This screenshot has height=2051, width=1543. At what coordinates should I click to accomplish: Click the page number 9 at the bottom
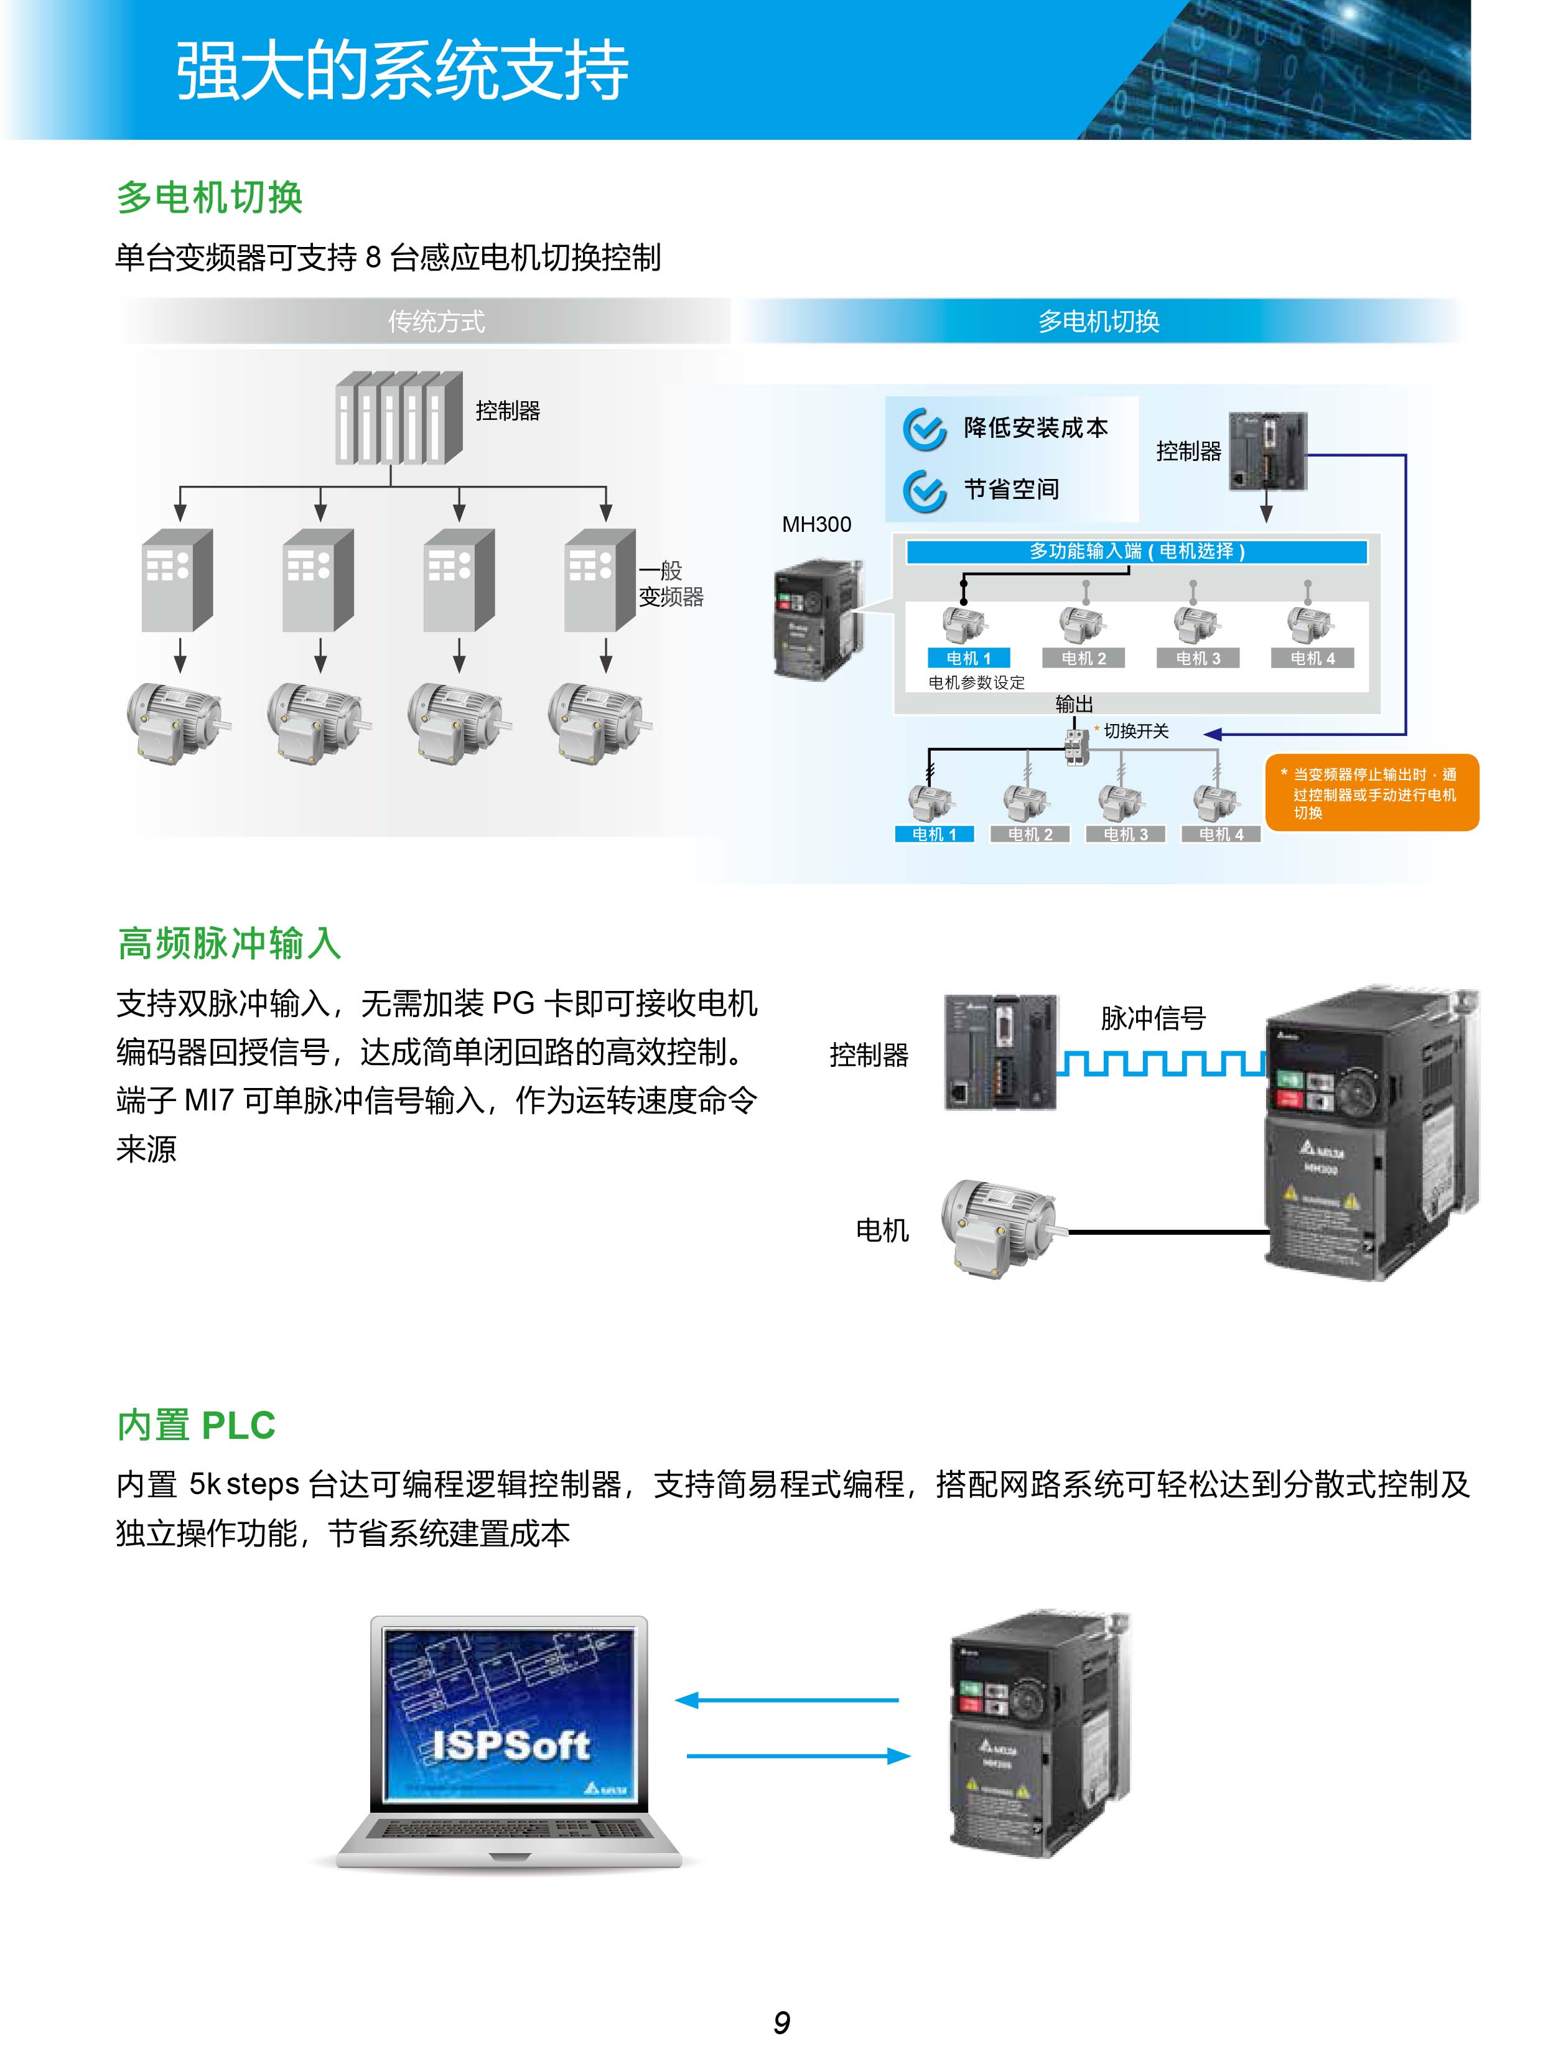[x=781, y=2021]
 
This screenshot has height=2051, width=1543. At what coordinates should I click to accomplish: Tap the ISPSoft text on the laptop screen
[x=510, y=1745]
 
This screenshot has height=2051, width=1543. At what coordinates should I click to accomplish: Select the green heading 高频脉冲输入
[x=229, y=943]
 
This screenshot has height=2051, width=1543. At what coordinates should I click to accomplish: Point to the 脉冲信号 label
[x=1153, y=1018]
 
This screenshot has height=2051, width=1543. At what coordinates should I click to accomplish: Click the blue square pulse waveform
[x=1161, y=1064]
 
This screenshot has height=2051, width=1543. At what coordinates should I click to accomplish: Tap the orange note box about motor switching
[x=1371, y=793]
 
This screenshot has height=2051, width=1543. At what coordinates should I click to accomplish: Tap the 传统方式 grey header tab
[x=436, y=322]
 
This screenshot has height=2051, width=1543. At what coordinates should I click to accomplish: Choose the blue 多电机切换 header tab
[x=1098, y=322]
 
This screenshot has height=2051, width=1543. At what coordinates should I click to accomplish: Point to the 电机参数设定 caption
[x=976, y=682]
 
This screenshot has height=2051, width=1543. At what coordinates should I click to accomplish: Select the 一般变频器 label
[x=671, y=584]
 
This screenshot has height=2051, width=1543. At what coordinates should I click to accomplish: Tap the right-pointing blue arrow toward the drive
[x=798, y=1756]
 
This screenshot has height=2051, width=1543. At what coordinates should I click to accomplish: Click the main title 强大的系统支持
[x=401, y=70]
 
